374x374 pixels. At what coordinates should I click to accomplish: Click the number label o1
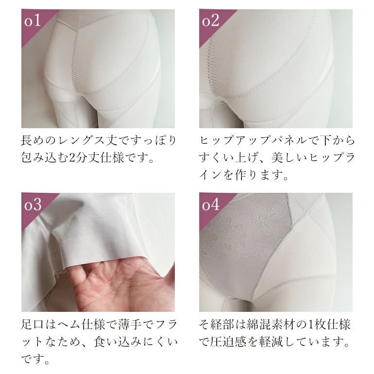[x=33, y=21]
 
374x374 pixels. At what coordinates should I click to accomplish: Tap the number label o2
[x=210, y=21]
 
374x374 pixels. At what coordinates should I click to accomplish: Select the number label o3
[x=33, y=204]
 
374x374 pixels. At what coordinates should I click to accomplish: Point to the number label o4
[x=211, y=204]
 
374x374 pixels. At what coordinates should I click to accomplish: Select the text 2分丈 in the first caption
[x=84, y=158]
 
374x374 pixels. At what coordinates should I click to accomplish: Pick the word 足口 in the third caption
[x=32, y=324]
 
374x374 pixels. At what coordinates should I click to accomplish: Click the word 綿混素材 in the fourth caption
[x=270, y=324]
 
